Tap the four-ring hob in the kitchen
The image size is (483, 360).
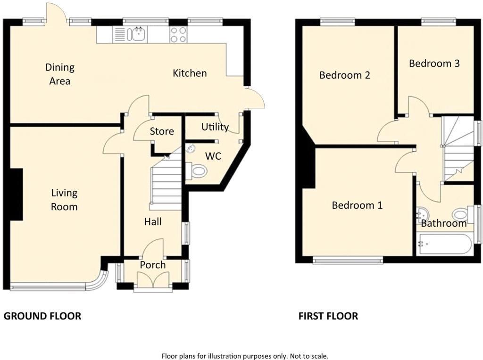click(x=178, y=34)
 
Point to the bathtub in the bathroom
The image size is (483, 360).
click(x=444, y=244)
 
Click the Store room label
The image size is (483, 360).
click(x=162, y=131)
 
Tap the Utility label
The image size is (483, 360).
click(x=215, y=127)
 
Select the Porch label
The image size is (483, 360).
click(x=153, y=265)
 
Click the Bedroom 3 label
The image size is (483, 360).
click(x=434, y=64)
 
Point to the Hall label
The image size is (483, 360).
click(x=153, y=221)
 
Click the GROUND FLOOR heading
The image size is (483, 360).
click(x=42, y=316)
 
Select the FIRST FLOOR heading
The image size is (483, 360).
click(x=328, y=316)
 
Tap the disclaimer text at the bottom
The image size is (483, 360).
click(x=245, y=356)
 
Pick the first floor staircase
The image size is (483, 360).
click(x=458, y=149)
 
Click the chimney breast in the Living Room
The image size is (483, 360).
click(x=16, y=194)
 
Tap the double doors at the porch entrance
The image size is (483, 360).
click(x=153, y=280)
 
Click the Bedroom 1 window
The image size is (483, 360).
click(x=348, y=260)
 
